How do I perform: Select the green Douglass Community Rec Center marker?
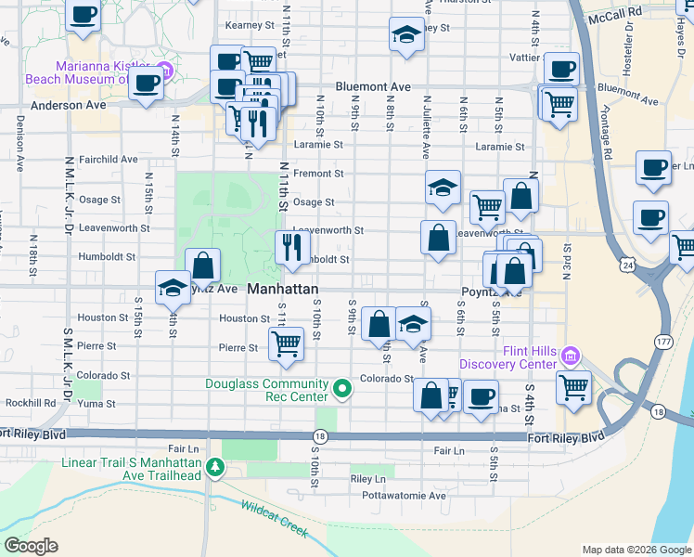point(341,388)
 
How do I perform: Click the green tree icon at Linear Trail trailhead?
point(215,466)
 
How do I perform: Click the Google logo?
point(32,546)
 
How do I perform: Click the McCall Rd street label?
point(621,12)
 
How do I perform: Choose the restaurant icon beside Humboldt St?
point(291,247)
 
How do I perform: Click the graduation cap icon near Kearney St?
point(405,35)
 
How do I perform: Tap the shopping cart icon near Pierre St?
point(286,343)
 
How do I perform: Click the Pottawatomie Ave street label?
point(400,496)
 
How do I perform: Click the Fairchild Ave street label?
point(109,160)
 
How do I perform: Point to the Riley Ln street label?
point(367,479)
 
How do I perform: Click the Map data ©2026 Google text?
point(635,550)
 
